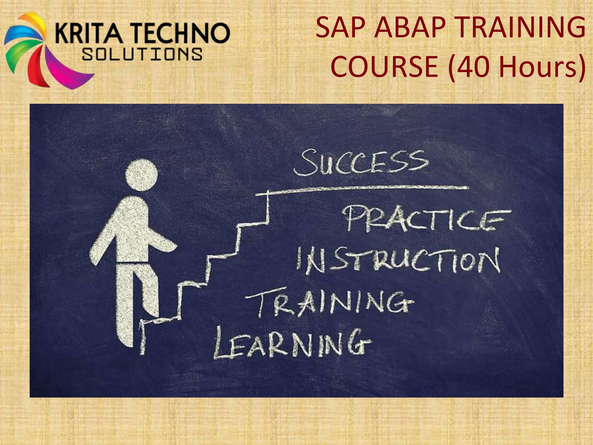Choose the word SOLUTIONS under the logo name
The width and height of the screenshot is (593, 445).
[142, 54]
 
